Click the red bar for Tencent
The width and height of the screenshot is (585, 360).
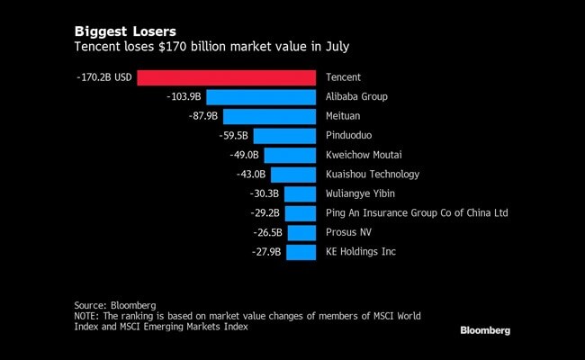[225, 77]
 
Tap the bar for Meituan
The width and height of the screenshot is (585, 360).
[268, 116]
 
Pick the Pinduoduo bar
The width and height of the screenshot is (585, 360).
[283, 136]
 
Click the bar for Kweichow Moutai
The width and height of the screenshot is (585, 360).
[288, 155]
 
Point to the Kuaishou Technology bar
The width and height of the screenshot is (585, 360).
[292, 175]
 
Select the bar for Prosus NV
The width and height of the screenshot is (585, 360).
[301, 232]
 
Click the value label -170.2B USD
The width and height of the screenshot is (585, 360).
[104, 77]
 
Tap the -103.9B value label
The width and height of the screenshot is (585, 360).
[184, 96]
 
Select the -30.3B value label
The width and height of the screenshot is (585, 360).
[265, 193]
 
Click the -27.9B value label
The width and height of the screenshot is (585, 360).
[267, 252]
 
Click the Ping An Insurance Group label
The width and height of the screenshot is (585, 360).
[417, 213]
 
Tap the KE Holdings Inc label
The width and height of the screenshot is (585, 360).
[360, 252]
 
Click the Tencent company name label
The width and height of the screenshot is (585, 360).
[343, 77]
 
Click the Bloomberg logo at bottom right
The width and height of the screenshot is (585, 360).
[485, 330]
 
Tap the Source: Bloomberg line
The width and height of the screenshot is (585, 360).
[115, 305]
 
